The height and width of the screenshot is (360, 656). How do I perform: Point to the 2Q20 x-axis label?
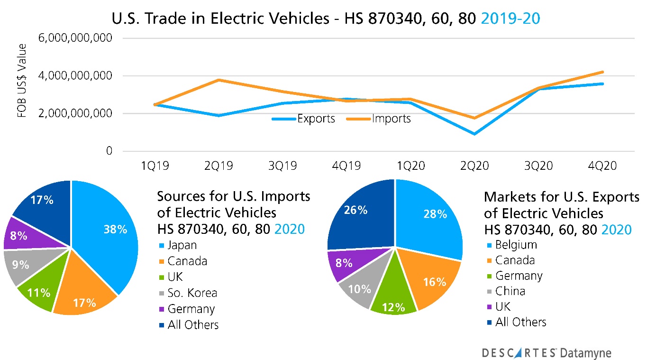(474, 166)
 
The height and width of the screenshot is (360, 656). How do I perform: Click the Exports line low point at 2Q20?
(474, 134)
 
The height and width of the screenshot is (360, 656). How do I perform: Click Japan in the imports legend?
(182, 245)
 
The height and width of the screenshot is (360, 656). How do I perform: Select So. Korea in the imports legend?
(192, 293)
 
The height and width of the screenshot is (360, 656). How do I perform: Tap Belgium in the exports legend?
(516, 245)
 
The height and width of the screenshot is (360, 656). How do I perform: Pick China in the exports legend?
(510, 291)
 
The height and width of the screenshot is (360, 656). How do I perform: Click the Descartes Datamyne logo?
(547, 352)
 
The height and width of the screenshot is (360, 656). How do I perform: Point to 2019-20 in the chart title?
(510, 18)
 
